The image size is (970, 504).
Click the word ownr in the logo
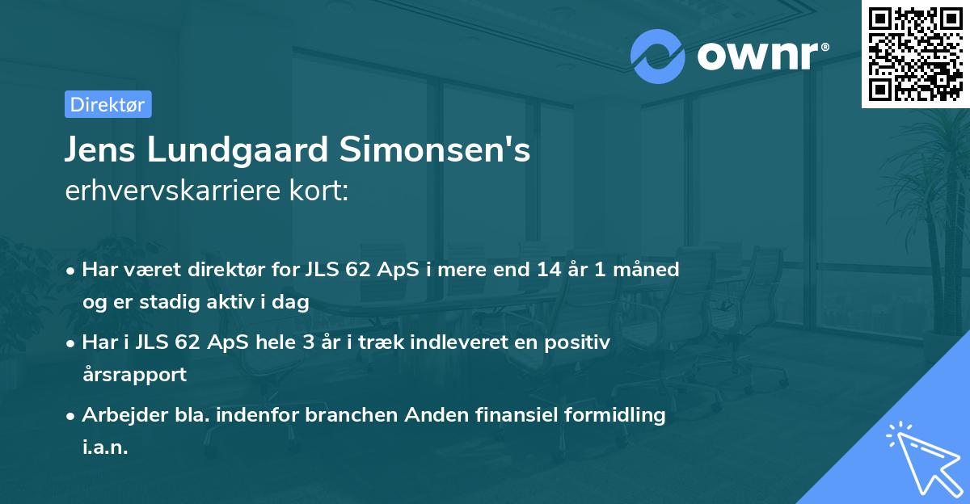click(x=760, y=57)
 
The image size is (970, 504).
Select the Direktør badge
click(x=108, y=104)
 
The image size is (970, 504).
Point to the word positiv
click(x=581, y=342)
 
